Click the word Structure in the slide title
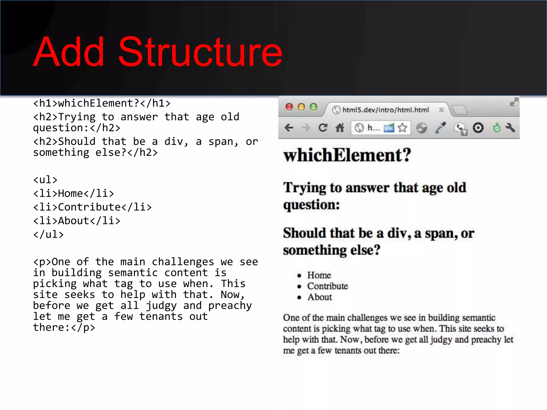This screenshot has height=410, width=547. (x=200, y=52)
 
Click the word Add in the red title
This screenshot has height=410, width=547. (x=69, y=52)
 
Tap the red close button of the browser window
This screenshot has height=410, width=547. (x=289, y=107)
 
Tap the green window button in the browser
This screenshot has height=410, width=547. (x=313, y=107)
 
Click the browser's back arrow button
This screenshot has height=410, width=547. (x=289, y=128)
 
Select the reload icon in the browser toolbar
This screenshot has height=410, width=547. (x=323, y=128)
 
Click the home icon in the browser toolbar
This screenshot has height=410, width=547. (x=340, y=128)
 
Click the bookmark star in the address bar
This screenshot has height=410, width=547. (x=402, y=128)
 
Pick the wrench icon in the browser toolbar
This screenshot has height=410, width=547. (x=510, y=128)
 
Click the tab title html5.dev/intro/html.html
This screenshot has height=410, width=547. (x=385, y=110)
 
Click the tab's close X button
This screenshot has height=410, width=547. (x=441, y=110)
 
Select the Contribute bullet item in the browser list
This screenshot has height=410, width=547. (x=327, y=286)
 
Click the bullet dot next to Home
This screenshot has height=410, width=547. (x=299, y=275)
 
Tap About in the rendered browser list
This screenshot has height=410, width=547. (x=319, y=297)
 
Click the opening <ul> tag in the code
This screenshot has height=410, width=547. (x=45, y=180)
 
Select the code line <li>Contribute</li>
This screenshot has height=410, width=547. (x=92, y=207)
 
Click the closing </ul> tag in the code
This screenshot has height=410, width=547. (x=48, y=234)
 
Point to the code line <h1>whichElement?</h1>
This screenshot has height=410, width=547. (x=101, y=103)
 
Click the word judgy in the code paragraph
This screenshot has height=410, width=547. (x=161, y=306)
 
